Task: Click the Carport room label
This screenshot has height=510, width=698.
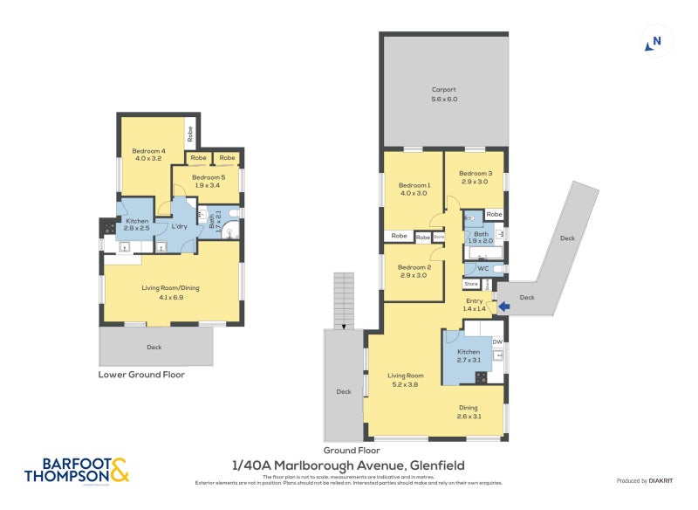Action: pos(444,94)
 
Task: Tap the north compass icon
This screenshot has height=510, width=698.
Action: pos(654,41)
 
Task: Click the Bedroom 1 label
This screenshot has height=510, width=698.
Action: pos(414,190)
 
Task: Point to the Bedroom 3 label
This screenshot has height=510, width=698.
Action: pos(476,177)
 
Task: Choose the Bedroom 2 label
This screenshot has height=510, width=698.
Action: pos(414,272)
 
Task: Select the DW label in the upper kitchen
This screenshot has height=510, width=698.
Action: pos(497,341)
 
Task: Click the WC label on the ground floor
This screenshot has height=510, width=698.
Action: pos(482,268)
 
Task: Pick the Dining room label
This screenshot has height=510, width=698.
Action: pos(469,412)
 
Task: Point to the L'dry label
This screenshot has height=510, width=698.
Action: pos(181,227)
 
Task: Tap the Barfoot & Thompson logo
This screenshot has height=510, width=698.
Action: pos(77,470)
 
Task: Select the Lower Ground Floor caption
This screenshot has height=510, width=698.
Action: pos(141,375)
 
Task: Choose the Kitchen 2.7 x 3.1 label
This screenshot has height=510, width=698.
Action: pos(469,355)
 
